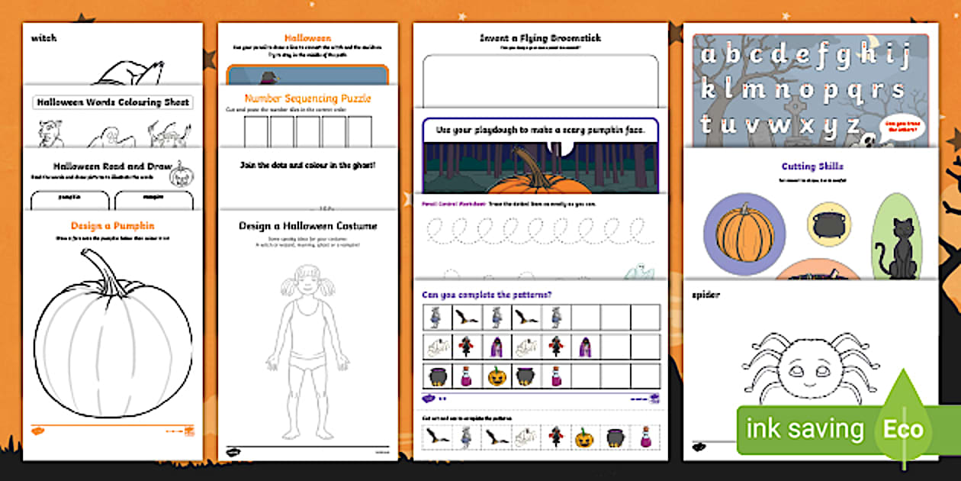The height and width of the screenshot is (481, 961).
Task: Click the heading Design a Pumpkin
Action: coord(112,225)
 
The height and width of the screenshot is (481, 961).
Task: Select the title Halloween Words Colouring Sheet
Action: coord(112,102)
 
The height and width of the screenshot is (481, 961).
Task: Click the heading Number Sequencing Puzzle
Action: coord(307,98)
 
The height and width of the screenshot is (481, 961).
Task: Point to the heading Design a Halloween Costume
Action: coord(307,226)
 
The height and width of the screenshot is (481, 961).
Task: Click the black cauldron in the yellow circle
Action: coord(829,221)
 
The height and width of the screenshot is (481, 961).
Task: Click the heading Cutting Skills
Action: coord(812,166)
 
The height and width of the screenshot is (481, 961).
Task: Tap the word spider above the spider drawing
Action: coord(705,295)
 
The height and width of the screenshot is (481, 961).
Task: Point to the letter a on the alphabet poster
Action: coord(709,56)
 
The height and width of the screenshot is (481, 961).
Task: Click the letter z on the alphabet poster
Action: coord(851,123)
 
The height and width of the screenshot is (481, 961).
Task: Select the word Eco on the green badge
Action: coord(903,429)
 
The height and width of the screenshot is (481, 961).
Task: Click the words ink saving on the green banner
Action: coord(805,429)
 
